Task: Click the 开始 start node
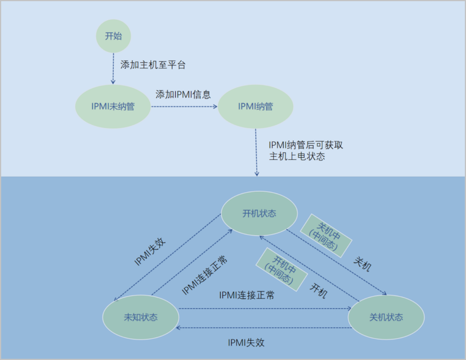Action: tap(113, 36)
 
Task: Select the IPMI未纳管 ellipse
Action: tap(113, 106)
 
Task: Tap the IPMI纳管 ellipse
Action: tap(256, 106)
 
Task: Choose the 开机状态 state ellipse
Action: tap(259, 213)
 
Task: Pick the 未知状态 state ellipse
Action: tap(141, 317)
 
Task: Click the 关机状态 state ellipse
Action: tap(386, 317)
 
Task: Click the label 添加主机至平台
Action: tap(153, 65)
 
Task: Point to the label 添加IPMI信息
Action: tap(183, 94)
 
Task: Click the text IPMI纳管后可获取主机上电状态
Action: tap(306, 151)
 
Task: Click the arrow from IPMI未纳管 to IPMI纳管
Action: tap(184, 106)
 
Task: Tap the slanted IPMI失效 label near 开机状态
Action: tap(151, 252)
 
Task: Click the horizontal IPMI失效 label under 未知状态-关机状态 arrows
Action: tap(246, 343)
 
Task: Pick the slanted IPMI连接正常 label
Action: tap(205, 274)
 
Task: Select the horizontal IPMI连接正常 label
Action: tap(247, 295)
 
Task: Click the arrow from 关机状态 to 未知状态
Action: tap(264, 328)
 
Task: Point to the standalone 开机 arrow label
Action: tap(318, 290)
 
